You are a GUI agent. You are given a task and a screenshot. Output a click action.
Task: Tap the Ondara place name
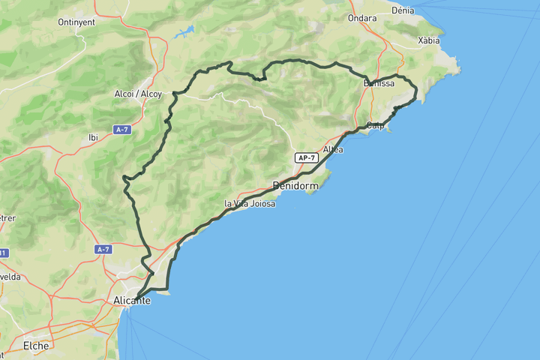[362, 18]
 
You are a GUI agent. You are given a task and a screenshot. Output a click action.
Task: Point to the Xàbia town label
[428, 40]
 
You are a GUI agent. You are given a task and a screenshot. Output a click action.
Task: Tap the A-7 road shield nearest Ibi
[122, 130]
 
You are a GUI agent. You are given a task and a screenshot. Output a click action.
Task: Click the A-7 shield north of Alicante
[103, 248]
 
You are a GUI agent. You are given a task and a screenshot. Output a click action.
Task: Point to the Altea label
[332, 150]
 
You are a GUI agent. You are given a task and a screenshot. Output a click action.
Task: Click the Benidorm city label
[295, 185]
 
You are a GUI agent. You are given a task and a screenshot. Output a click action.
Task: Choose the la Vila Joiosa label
[250, 203]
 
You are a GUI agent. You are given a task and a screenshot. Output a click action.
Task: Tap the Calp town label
[376, 125]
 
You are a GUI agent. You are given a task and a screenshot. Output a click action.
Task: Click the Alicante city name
[132, 300]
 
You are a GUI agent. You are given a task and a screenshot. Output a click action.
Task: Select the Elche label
[36, 346]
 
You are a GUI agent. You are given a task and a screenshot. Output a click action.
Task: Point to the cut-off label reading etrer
[7, 218]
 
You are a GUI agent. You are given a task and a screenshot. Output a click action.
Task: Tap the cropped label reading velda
[10, 276]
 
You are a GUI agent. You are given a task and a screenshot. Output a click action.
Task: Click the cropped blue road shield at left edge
[2, 253]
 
